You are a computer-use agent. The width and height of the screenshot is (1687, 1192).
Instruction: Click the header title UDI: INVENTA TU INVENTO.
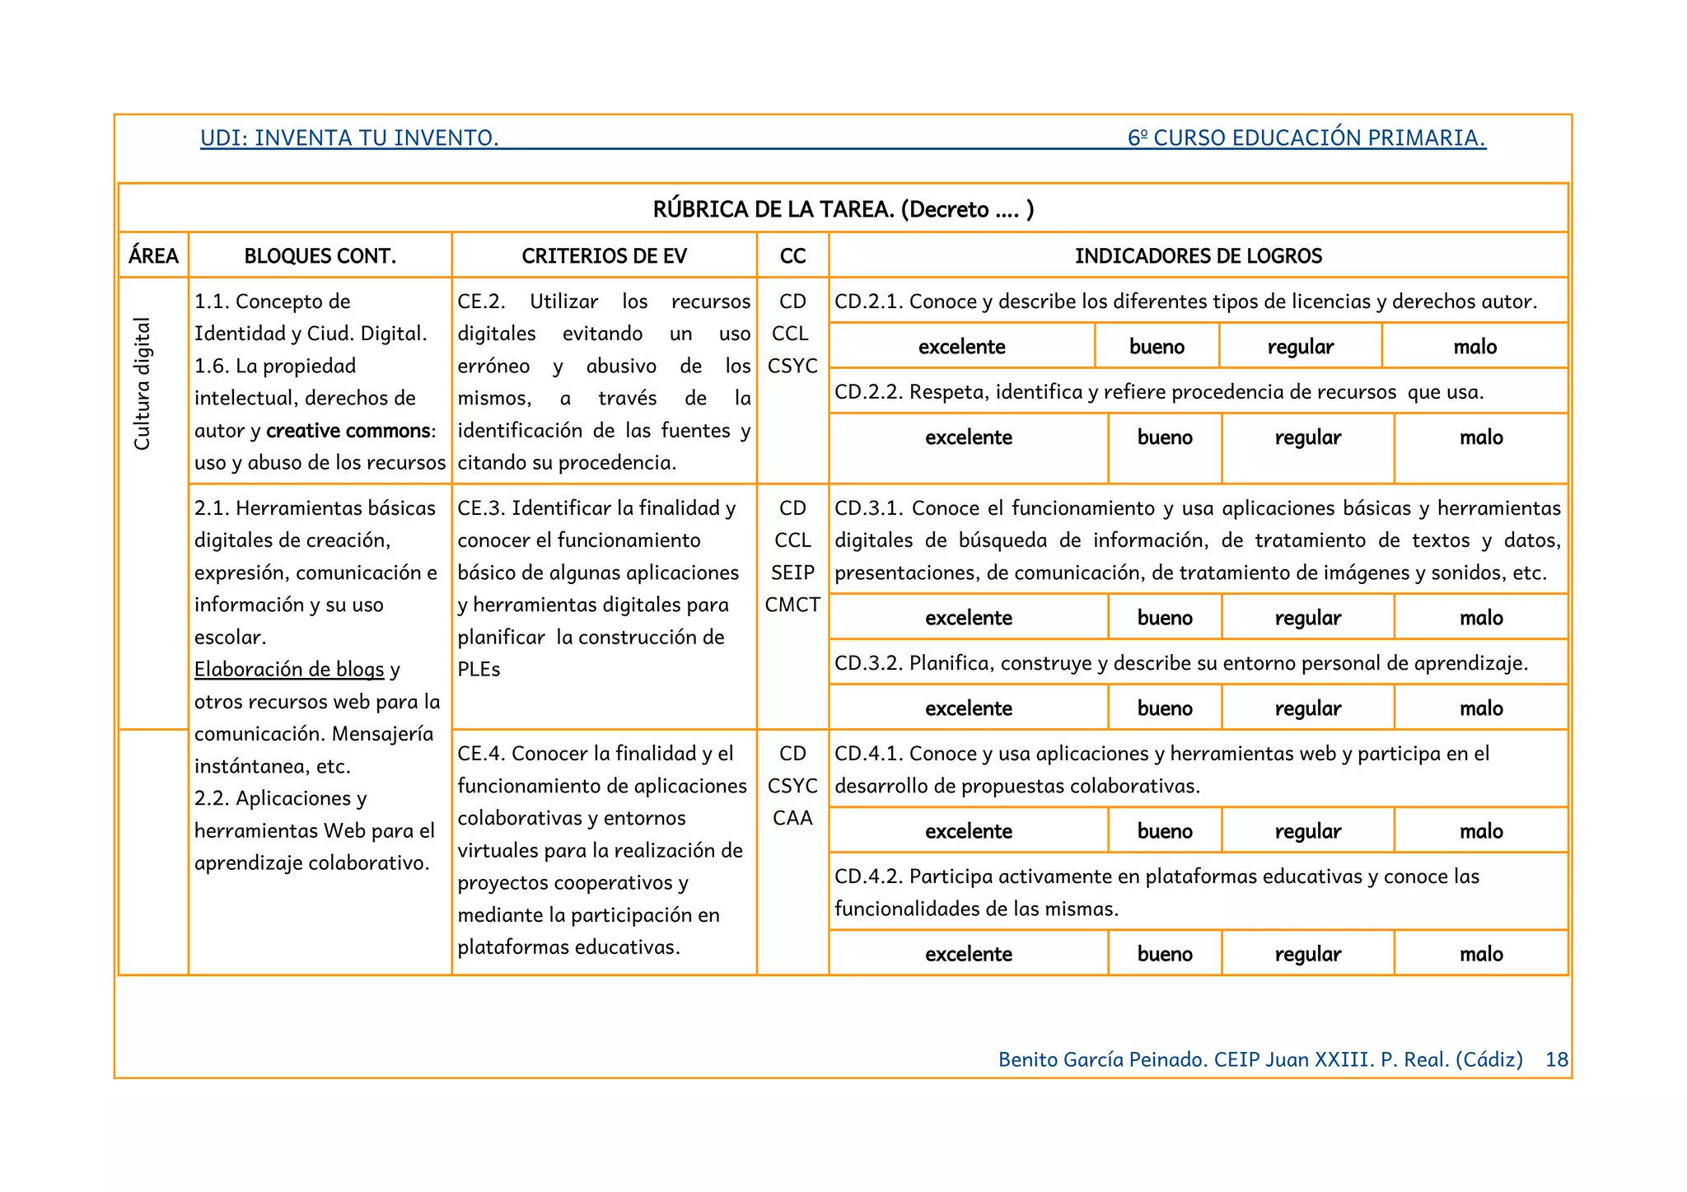[x=349, y=138]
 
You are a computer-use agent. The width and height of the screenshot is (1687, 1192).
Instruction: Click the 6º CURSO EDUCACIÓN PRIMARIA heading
[x=1306, y=138]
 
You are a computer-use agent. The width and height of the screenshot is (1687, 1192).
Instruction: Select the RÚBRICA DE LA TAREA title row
[x=843, y=209]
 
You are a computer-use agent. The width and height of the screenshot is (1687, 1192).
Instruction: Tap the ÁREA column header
[x=153, y=256]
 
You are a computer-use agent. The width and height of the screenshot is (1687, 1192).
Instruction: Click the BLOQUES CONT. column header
[x=320, y=256]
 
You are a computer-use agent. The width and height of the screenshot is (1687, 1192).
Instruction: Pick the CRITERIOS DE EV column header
[x=604, y=256]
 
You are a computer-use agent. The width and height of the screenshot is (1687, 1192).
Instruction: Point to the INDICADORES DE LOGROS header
[x=1198, y=256]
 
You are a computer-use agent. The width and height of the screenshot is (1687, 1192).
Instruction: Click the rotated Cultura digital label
[x=143, y=384]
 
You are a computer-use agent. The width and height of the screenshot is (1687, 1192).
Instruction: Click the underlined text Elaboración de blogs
[x=289, y=669]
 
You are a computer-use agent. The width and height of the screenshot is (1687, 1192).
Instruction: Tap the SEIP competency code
[x=792, y=573]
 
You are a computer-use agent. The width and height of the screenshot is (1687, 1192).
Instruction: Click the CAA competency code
[x=792, y=818]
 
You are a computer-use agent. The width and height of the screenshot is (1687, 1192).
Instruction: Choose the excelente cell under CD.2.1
[x=961, y=347]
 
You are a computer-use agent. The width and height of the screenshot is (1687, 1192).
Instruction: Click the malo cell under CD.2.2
[x=1480, y=437]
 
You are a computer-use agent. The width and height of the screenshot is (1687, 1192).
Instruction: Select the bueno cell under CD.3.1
[x=1164, y=618]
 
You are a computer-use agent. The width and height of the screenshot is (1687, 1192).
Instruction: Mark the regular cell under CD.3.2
[x=1307, y=708]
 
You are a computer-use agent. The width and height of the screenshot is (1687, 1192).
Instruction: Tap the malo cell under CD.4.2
[x=1480, y=954]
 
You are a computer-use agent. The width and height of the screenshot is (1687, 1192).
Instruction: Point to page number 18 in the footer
[x=1556, y=1059]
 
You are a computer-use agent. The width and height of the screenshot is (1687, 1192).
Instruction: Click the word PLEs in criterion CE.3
[x=479, y=670]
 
